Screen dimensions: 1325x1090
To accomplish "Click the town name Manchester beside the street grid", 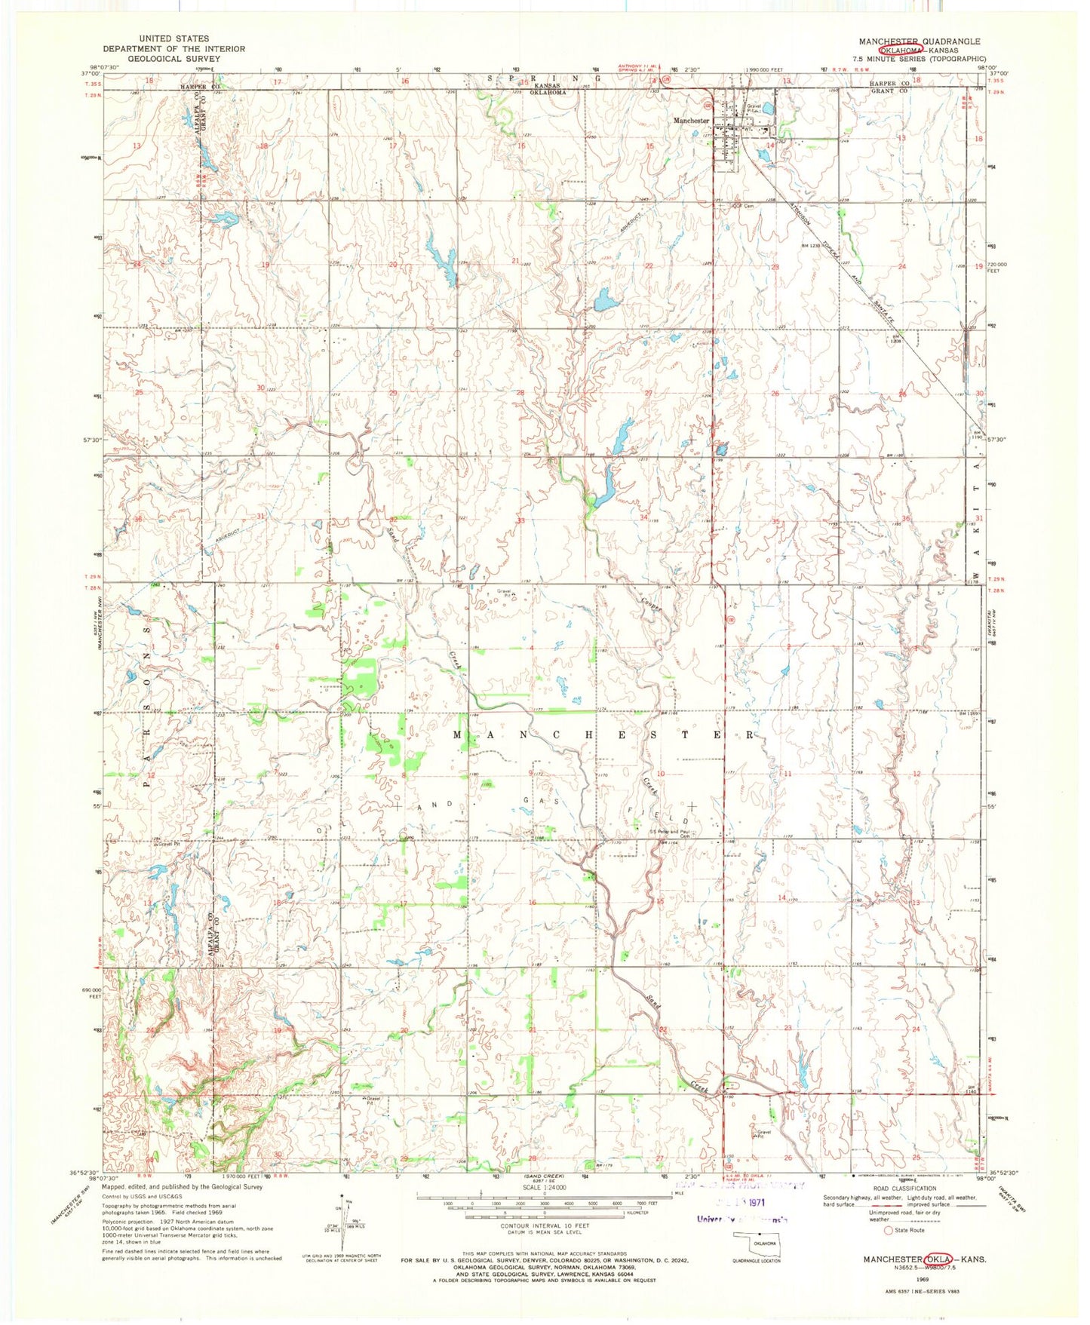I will (691, 121).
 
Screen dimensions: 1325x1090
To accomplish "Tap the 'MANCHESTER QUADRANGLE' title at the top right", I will (919, 41).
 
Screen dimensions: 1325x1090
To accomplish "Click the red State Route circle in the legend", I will (879, 1230).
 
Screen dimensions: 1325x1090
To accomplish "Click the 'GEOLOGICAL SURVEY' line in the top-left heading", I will (173, 59).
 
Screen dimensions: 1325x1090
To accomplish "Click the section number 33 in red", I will (520, 520).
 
